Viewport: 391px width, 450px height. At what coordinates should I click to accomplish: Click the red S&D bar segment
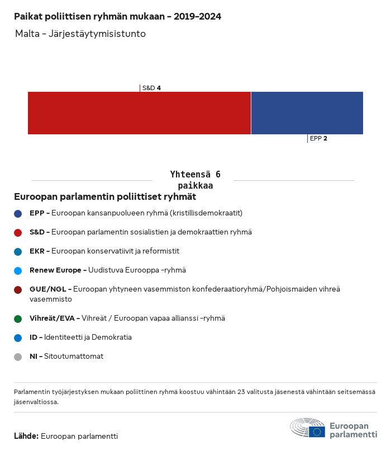pyautogui.click(x=139, y=113)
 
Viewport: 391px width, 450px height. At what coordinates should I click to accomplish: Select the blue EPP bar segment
pyautogui.click(x=307, y=113)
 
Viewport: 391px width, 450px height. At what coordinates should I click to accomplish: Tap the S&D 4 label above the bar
pyautogui.click(x=151, y=88)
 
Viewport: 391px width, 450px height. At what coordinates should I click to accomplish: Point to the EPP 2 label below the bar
pyautogui.click(x=318, y=138)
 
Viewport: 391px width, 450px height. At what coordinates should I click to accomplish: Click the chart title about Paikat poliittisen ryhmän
pyautogui.click(x=117, y=16)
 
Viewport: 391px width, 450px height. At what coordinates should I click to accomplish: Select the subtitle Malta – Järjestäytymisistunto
pyautogui.click(x=80, y=34)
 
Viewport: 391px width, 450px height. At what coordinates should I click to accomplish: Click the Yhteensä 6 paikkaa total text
pyautogui.click(x=195, y=180)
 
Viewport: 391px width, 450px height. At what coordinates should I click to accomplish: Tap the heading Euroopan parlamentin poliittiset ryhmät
pyautogui.click(x=105, y=197)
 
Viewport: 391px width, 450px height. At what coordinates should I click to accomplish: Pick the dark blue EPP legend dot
pyautogui.click(x=18, y=213)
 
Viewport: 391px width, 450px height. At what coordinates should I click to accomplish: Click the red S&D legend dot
pyautogui.click(x=18, y=232)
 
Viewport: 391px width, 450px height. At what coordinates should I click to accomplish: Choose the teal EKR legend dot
pyautogui.click(x=18, y=251)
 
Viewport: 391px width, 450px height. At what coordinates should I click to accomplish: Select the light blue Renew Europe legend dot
pyautogui.click(x=18, y=270)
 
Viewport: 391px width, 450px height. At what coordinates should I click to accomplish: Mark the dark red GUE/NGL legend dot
pyautogui.click(x=18, y=289)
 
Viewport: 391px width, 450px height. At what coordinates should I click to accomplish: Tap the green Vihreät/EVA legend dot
pyautogui.click(x=18, y=318)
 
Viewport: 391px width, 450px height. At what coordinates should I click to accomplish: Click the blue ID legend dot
pyautogui.click(x=18, y=337)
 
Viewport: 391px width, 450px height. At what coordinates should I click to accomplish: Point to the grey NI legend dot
pyautogui.click(x=18, y=357)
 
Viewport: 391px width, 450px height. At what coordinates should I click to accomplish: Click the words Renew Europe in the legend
pyautogui.click(x=55, y=270)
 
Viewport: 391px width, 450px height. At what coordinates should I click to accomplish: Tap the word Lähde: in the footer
pyautogui.click(x=26, y=436)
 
